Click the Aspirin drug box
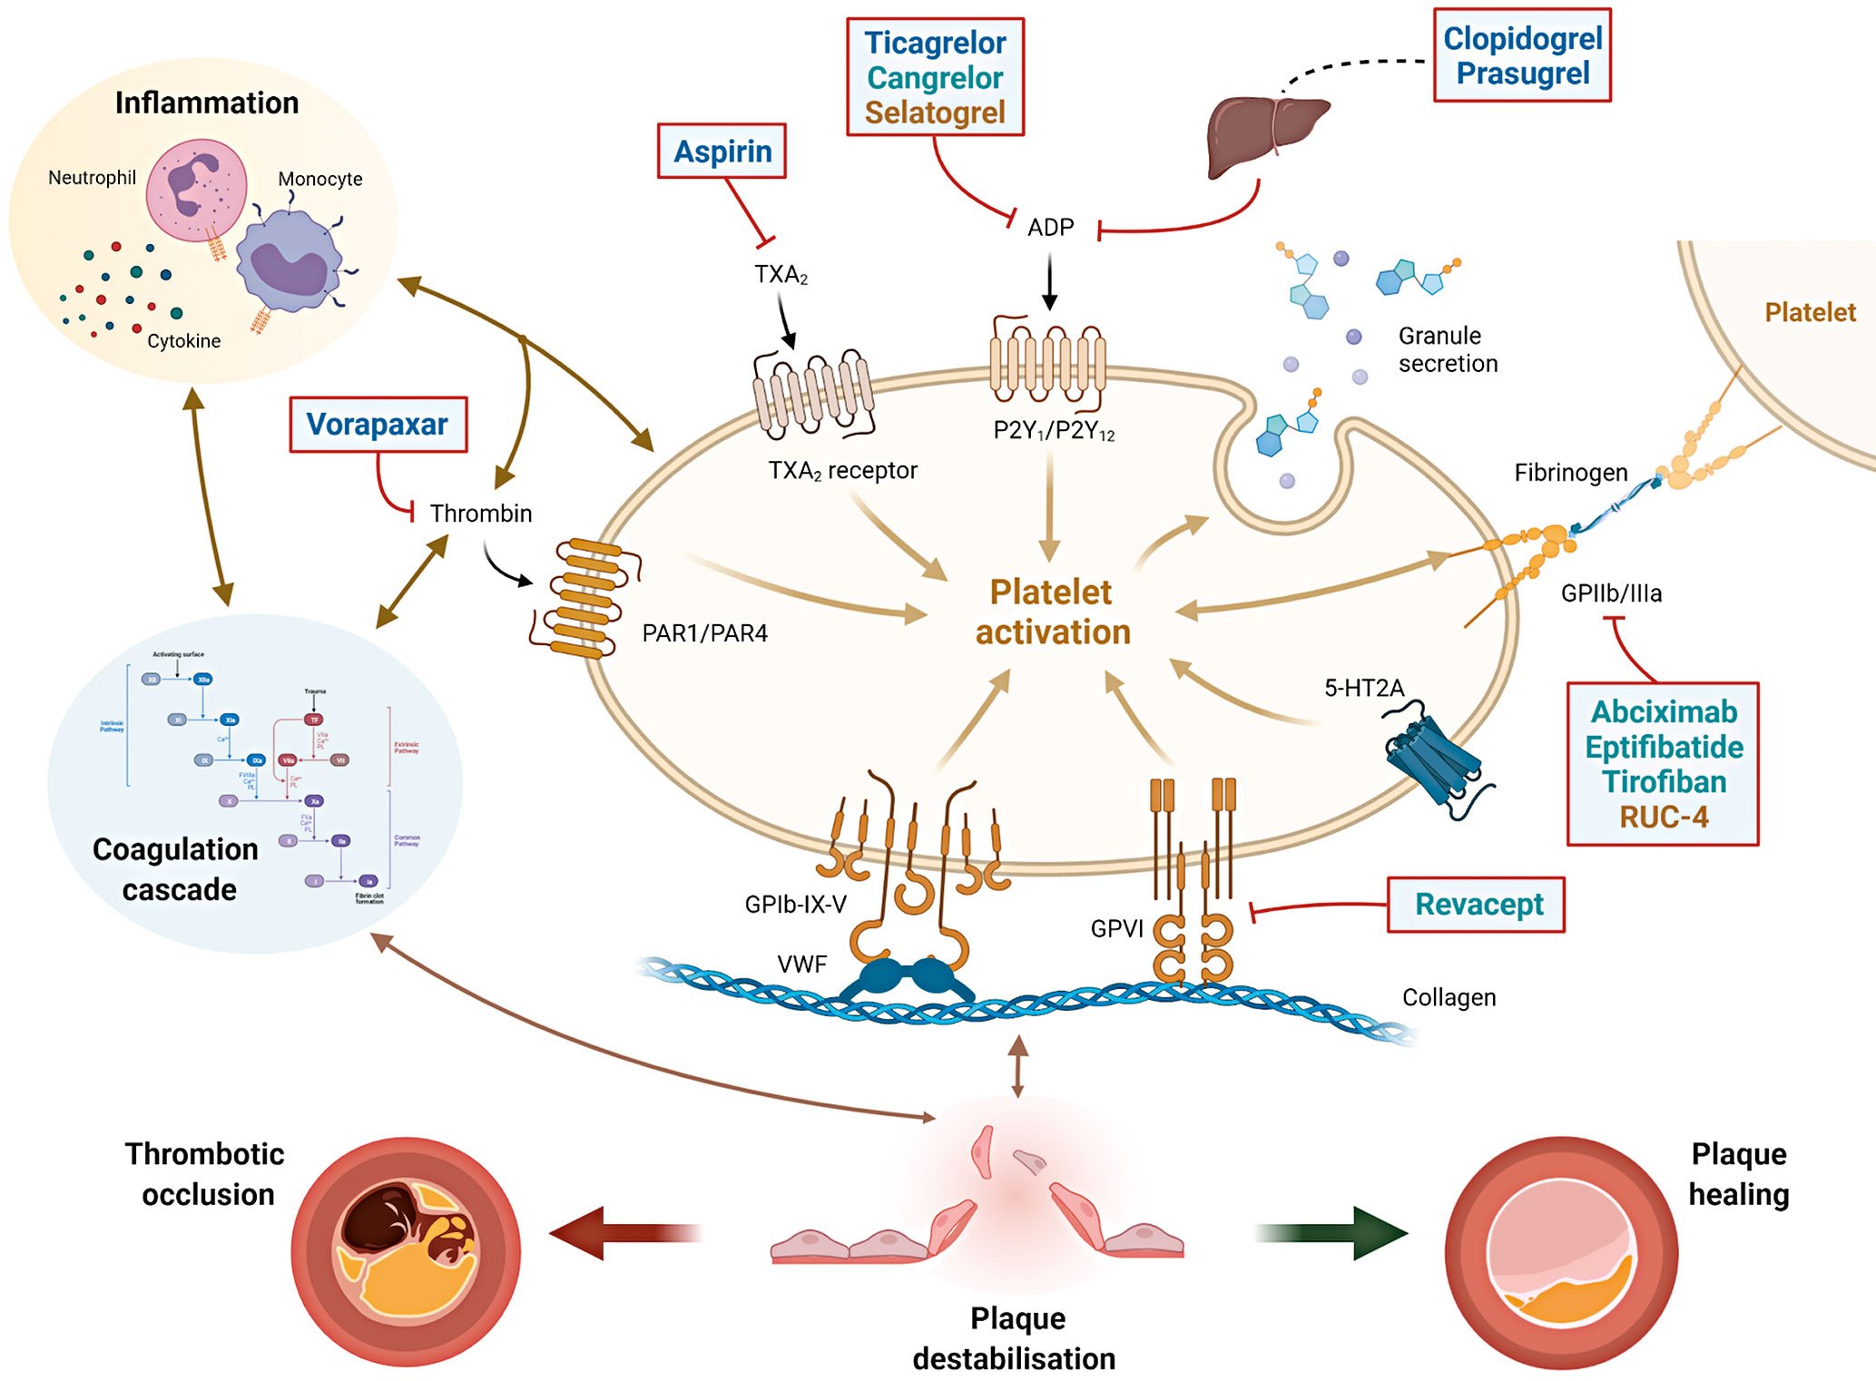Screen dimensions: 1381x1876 (722, 152)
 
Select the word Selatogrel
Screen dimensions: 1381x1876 (935, 113)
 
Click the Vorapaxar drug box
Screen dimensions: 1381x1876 (378, 425)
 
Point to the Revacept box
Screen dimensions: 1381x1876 (1477, 905)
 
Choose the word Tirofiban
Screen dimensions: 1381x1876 (1664, 782)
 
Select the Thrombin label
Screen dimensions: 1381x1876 (481, 514)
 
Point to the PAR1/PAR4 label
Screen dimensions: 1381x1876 (704, 633)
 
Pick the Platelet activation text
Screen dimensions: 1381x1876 (1052, 612)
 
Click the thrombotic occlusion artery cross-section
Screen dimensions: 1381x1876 (406, 1251)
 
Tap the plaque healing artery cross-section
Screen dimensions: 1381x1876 (1561, 1253)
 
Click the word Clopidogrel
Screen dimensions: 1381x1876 (1522, 39)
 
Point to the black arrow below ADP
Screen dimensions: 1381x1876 (1050, 281)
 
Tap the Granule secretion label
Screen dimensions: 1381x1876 (1448, 349)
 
